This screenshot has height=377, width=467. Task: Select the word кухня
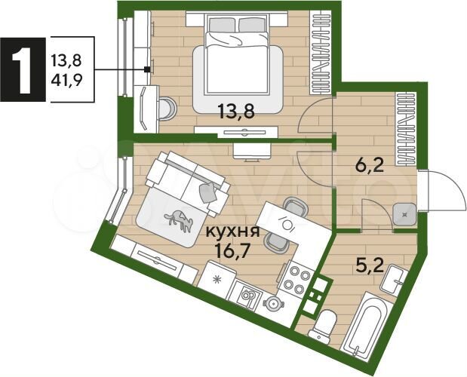pos(231,232)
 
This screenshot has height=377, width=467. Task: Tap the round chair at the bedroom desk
pos(167,109)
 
